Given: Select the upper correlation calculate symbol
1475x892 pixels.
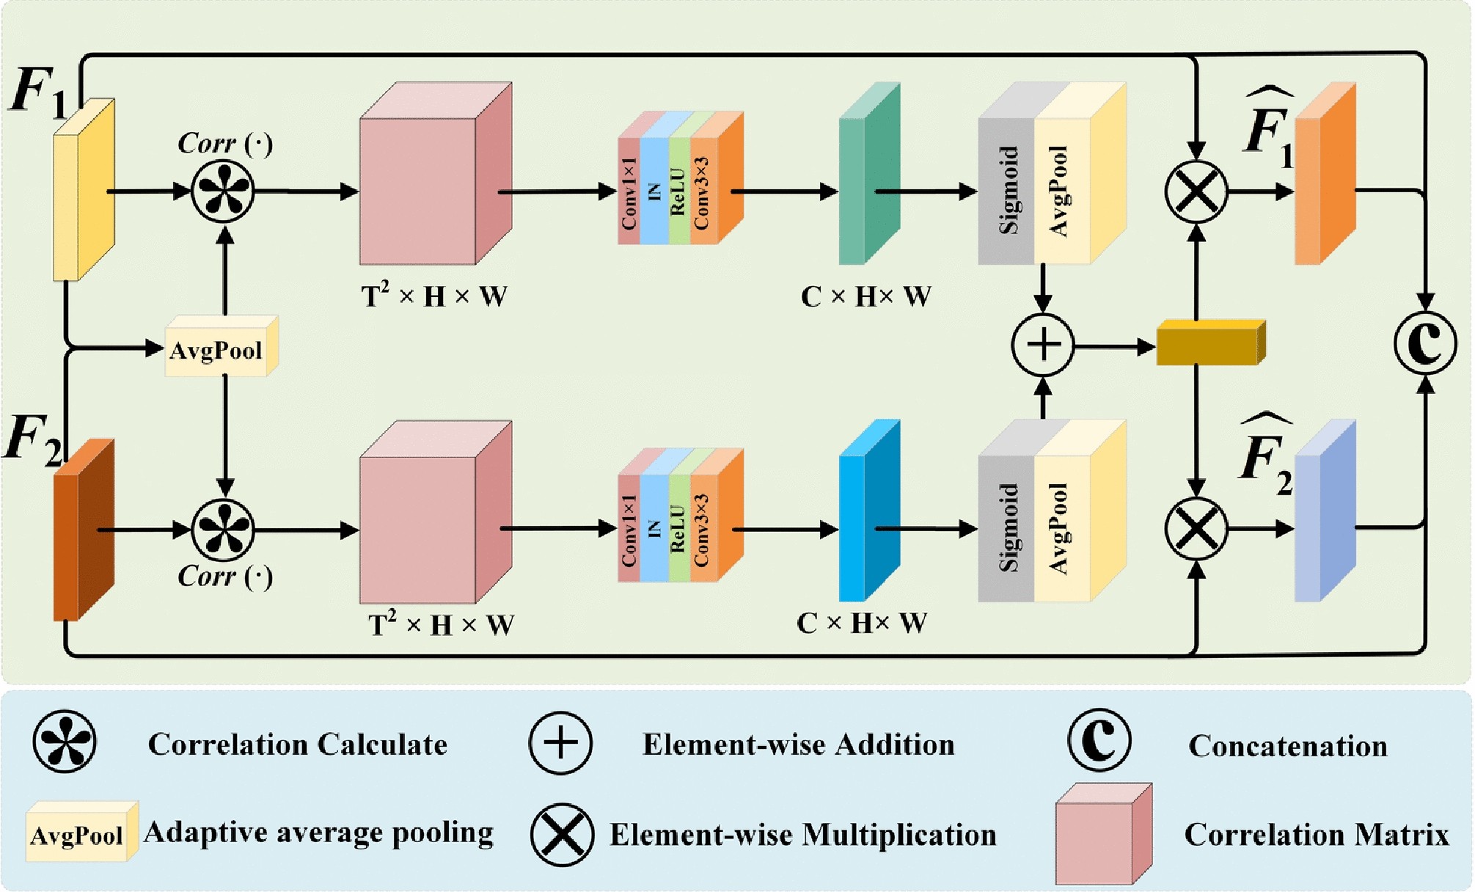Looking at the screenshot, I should [223, 191].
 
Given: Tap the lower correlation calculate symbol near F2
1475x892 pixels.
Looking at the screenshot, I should [223, 529].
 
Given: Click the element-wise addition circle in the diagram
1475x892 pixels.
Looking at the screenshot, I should [1042, 345].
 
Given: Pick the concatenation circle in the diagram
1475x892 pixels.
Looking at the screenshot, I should [1424, 343].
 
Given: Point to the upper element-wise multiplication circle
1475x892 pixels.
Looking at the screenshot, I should [1196, 191].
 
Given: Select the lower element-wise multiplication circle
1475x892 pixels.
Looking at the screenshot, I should [1196, 528].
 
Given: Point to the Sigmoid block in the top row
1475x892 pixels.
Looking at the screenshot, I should [1006, 191].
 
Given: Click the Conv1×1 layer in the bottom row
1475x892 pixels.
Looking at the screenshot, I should [629, 529].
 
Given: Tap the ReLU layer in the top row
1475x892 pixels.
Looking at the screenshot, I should [678, 191].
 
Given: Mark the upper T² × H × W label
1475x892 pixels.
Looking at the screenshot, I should [434, 296].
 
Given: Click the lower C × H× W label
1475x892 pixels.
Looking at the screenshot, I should [862, 624].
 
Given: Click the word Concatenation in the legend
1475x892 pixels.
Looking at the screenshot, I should [1288, 746].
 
